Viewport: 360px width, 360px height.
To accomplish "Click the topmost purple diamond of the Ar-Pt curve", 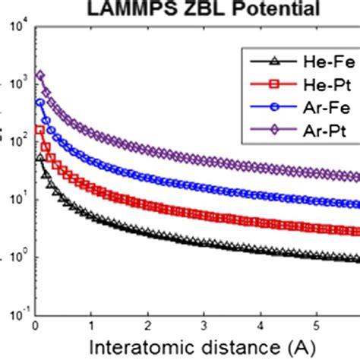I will pos(40,75).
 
